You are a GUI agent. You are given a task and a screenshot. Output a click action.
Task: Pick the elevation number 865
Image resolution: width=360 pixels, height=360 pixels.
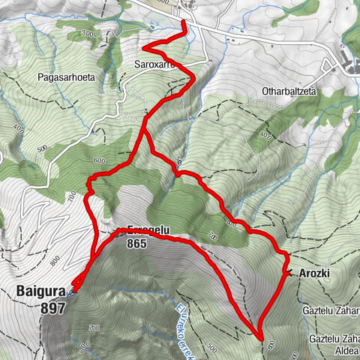(136, 243)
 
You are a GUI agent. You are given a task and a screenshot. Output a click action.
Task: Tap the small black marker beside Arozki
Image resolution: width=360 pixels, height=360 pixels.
(289, 272)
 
